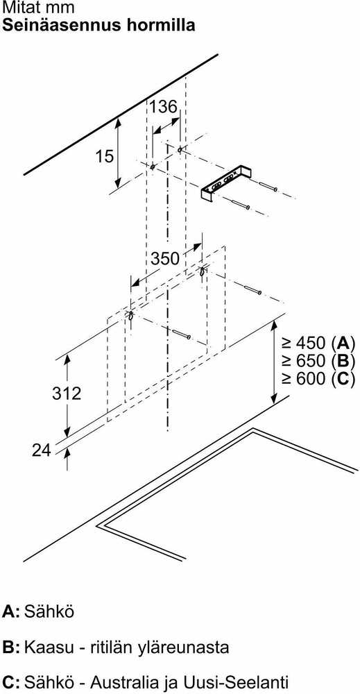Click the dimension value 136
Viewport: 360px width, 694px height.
[163, 107]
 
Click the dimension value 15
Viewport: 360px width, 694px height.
[105, 155]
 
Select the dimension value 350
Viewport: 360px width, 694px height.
[165, 258]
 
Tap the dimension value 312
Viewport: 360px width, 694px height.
[67, 393]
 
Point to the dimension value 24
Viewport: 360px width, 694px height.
[42, 450]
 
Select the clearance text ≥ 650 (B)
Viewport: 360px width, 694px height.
[318, 361]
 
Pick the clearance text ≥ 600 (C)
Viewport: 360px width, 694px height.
[318, 380]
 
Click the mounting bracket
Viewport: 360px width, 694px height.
[225, 185]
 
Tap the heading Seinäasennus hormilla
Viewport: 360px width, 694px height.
[98, 25]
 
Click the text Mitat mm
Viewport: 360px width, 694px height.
[38, 8]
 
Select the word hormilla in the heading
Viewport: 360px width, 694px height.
[165, 25]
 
